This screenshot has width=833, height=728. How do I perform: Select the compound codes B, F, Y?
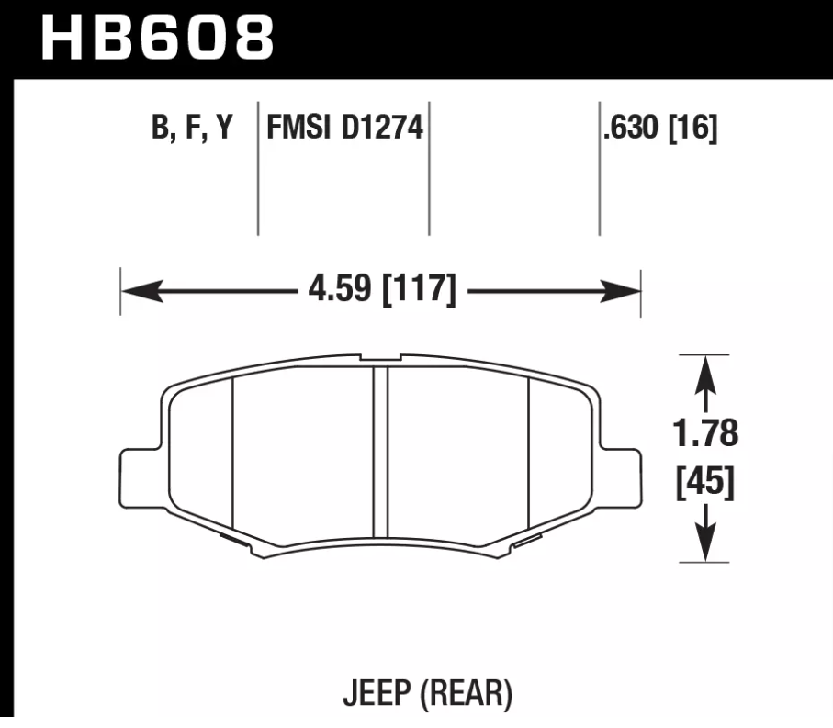[191, 129]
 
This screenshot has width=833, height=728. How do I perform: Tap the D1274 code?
[379, 129]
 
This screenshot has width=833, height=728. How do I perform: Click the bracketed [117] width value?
[418, 291]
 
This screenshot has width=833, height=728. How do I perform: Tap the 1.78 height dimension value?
[705, 433]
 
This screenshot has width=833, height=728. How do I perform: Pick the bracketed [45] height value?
[705, 484]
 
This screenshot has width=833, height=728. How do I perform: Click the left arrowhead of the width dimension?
[136, 293]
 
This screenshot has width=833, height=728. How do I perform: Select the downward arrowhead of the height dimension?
[704, 546]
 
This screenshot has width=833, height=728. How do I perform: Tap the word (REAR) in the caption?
[467, 693]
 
